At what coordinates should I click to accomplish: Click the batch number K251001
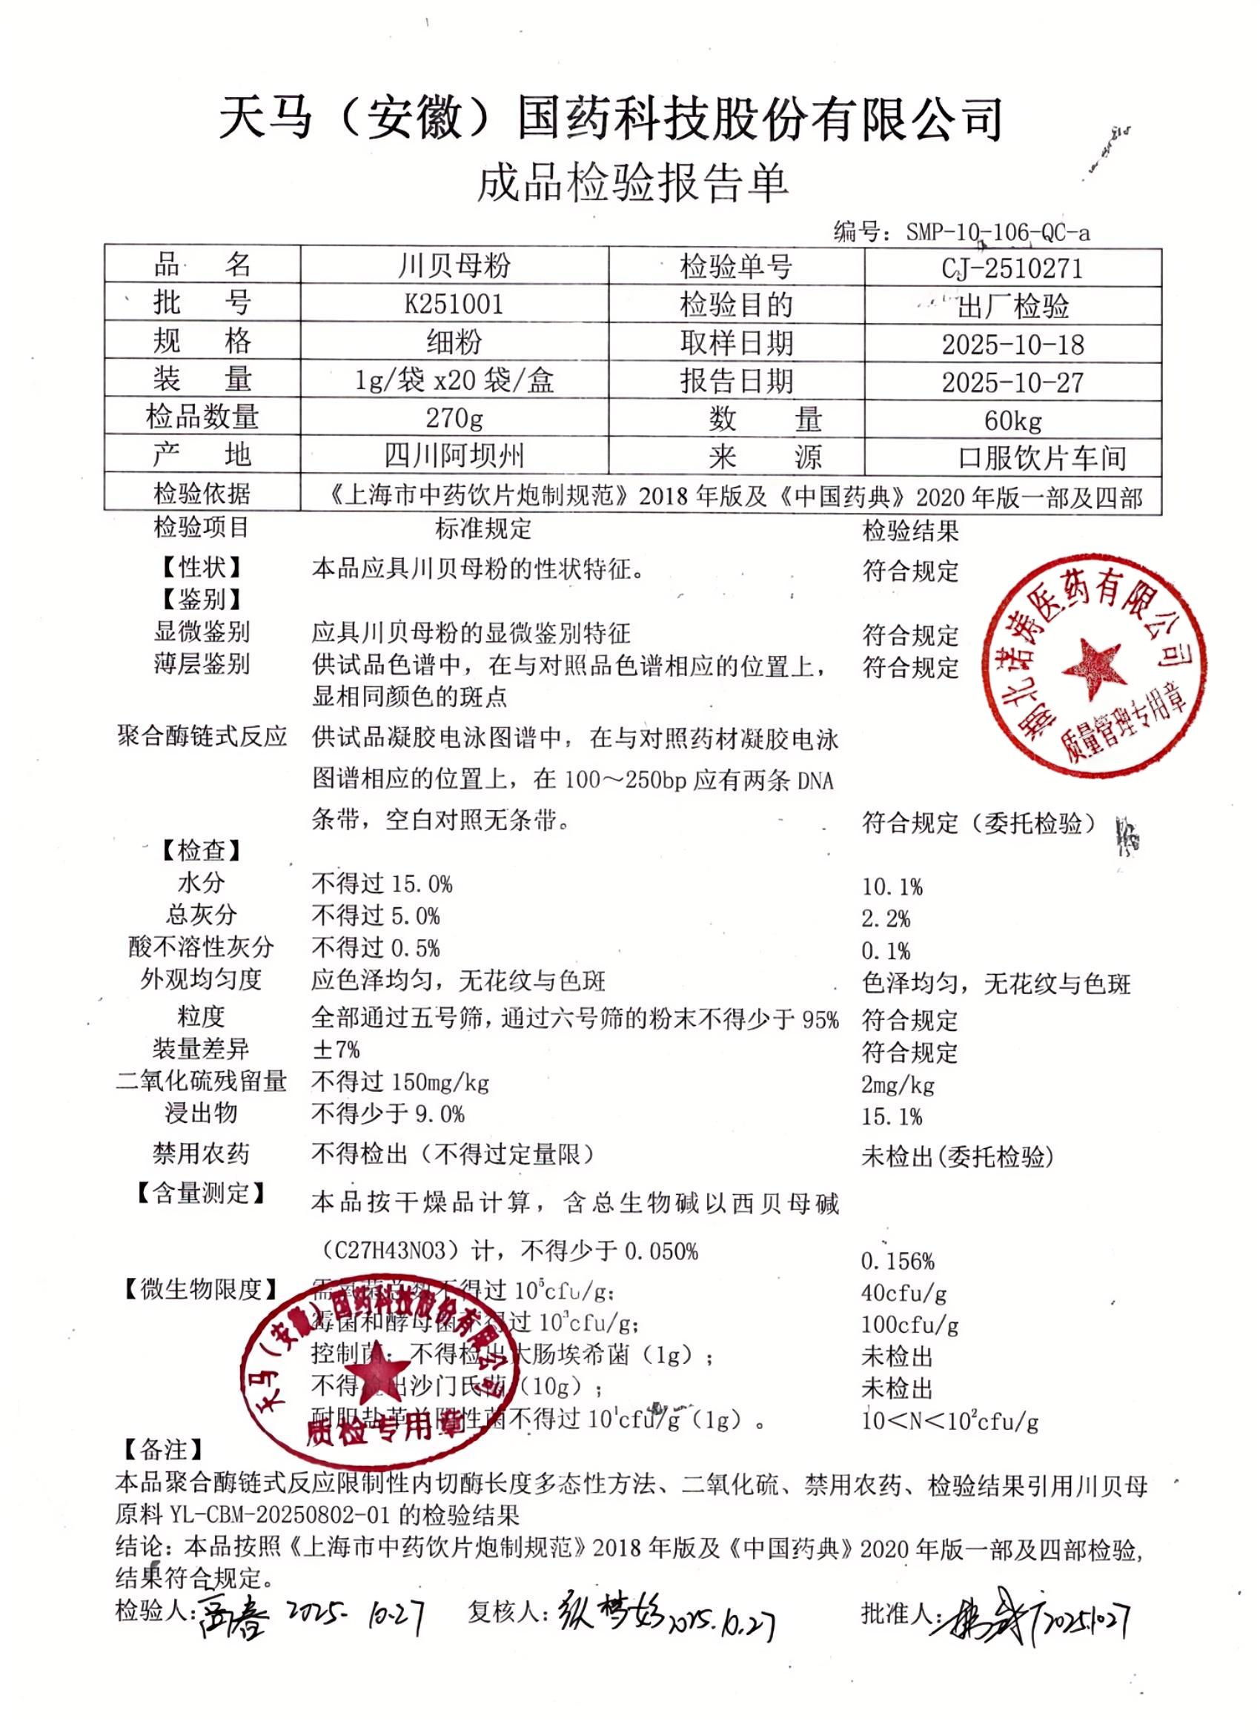click(x=454, y=304)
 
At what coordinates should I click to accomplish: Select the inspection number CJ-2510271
click(x=1012, y=268)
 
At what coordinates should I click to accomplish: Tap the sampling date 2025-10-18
click(x=1012, y=345)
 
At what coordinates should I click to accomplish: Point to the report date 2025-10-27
click(x=1012, y=382)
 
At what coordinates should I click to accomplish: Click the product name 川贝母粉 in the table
click(x=454, y=266)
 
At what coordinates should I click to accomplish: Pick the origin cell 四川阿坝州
click(x=454, y=455)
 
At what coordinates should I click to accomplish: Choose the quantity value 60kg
click(x=1012, y=420)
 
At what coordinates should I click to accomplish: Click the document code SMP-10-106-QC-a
click(x=998, y=231)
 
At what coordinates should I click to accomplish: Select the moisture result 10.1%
click(x=892, y=887)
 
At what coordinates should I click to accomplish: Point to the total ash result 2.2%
click(x=886, y=918)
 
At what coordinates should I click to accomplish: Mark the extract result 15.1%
click(x=892, y=1116)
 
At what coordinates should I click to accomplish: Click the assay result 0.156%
click(x=897, y=1260)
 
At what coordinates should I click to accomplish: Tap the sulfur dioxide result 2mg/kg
click(x=898, y=1084)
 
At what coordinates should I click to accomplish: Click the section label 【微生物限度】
click(x=201, y=1290)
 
